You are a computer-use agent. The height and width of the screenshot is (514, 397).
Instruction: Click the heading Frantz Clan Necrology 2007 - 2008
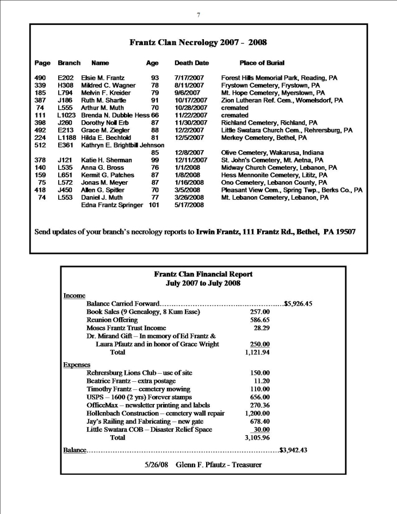click(198, 42)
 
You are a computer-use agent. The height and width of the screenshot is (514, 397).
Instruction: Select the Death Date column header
click(191, 63)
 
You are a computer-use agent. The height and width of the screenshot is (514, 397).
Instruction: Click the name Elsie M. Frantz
click(103, 78)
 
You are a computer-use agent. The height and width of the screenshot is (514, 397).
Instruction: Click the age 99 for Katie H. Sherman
click(155, 160)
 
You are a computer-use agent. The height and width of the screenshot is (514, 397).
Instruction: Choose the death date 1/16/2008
click(189, 183)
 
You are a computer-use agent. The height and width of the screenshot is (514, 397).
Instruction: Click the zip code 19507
click(343, 232)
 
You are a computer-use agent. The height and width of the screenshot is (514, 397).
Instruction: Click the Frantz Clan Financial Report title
click(203, 274)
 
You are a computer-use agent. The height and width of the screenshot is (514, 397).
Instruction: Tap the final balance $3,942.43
click(293, 449)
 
